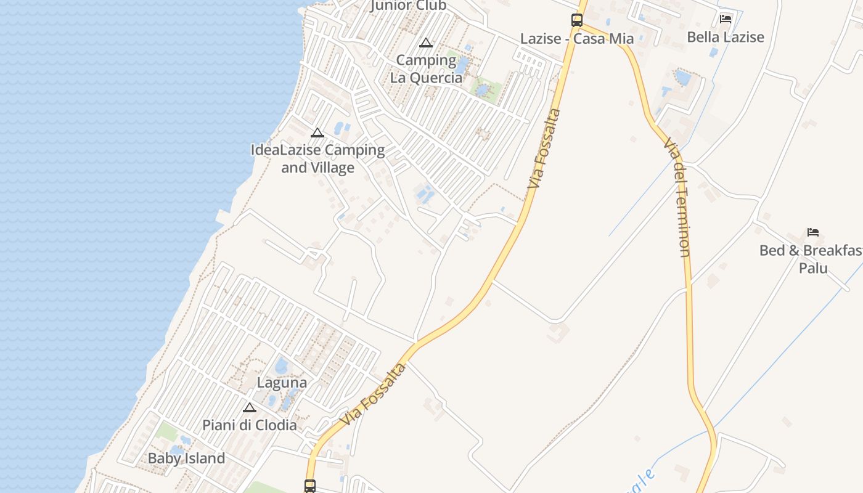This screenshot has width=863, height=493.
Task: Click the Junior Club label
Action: point(408,6)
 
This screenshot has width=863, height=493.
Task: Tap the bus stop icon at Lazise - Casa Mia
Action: point(577,20)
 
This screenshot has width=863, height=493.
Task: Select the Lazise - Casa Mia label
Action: point(577,39)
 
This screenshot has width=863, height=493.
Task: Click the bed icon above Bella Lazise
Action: point(726,19)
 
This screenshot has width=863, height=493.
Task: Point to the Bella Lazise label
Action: point(726,37)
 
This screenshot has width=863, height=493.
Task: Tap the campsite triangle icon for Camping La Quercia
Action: point(425,43)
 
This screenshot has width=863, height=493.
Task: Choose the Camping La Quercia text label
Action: point(426,69)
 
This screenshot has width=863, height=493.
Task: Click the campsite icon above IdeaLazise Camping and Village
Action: point(317,132)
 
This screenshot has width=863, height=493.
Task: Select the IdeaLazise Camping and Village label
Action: point(317,158)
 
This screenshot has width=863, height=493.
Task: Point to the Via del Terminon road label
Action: point(676,197)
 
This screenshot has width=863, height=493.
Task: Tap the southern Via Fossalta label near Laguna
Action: point(374,394)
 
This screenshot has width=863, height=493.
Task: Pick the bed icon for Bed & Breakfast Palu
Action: point(813,232)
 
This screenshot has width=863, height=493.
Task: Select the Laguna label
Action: point(282,383)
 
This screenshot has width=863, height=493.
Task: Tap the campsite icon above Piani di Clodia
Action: point(249,407)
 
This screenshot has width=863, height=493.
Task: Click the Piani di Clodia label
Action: point(250,425)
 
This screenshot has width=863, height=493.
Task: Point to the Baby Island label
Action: point(186,458)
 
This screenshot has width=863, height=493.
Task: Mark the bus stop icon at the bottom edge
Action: point(310,486)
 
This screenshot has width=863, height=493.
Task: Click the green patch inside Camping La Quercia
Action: point(486,88)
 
